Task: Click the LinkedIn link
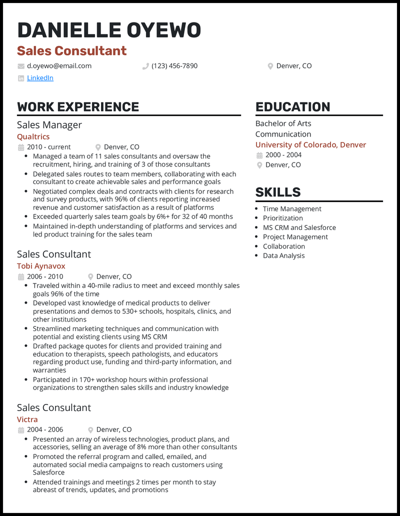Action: click(x=40, y=78)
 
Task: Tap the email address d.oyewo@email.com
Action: click(x=59, y=66)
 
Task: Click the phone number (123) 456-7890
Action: click(x=174, y=66)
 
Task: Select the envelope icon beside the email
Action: click(x=21, y=66)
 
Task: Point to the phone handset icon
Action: click(x=145, y=66)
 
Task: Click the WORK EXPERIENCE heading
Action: click(x=78, y=107)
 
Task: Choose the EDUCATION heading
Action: click(x=292, y=107)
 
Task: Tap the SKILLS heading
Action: click(x=277, y=192)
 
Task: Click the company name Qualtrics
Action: click(x=33, y=136)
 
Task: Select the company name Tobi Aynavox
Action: click(x=41, y=266)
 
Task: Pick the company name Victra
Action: click(x=27, y=419)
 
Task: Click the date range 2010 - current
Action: click(x=48, y=147)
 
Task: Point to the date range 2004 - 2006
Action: click(x=45, y=429)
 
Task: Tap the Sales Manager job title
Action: click(x=49, y=125)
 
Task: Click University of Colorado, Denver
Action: click(x=310, y=145)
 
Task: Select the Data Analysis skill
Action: click(x=283, y=255)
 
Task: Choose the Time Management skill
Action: click(x=292, y=209)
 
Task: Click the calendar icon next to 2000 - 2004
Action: click(x=259, y=155)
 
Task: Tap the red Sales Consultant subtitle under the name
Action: click(x=72, y=51)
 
